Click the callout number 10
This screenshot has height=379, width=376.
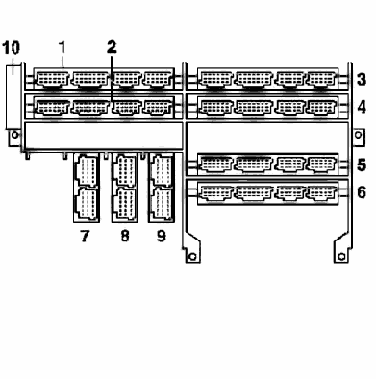(12, 48)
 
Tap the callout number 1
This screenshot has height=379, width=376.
(63, 48)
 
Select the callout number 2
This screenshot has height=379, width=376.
(112, 47)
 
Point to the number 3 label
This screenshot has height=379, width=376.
(362, 79)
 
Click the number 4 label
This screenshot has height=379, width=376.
(362, 107)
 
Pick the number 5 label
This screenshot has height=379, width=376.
(362, 165)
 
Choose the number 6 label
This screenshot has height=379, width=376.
(362, 192)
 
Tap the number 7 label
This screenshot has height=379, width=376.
(85, 237)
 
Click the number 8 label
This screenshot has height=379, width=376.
(125, 237)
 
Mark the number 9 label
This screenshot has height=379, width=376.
(162, 237)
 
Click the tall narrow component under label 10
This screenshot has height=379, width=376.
(13, 97)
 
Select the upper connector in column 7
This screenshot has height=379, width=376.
(87, 170)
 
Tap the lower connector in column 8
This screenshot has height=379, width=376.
(124, 204)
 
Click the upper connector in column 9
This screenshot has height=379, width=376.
(162, 170)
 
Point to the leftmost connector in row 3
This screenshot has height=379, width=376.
(215, 79)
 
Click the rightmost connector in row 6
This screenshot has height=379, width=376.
(321, 192)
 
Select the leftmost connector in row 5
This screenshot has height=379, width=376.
(215, 164)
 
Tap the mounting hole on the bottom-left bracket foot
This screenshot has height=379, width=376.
(192, 257)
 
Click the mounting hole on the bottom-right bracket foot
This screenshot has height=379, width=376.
(342, 257)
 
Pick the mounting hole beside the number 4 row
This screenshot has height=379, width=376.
(358, 135)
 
